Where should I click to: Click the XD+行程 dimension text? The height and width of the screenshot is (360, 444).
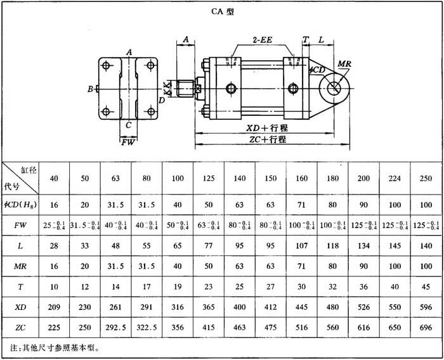click(266, 127)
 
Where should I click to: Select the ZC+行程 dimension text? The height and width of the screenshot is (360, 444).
click(266, 139)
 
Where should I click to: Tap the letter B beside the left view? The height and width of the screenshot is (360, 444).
click(91, 89)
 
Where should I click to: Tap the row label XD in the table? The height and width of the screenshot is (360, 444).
click(20, 307)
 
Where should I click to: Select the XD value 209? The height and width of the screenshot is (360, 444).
click(55, 307)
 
